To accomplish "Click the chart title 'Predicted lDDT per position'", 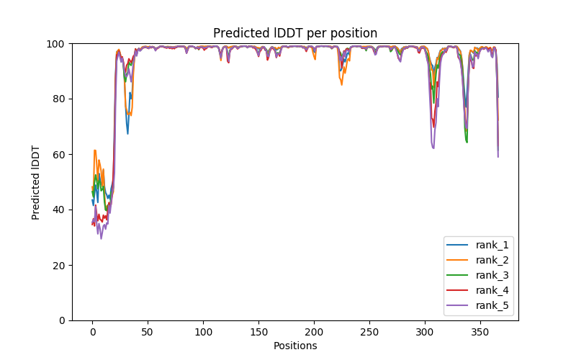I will pyautogui.click(x=295, y=33).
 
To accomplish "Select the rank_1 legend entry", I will pyautogui.click(x=492, y=246).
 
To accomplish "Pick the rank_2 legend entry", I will pyautogui.click(x=492, y=261).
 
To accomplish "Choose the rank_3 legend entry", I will pyautogui.click(x=492, y=276).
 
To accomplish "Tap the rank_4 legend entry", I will pyautogui.click(x=492, y=291).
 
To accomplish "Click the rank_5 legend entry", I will pyautogui.click(x=492, y=306).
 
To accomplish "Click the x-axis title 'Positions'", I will pyautogui.click(x=295, y=346).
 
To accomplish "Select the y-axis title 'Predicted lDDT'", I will pyautogui.click(x=37, y=182).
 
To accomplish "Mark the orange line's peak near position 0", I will pyautogui.click(x=95, y=150).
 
